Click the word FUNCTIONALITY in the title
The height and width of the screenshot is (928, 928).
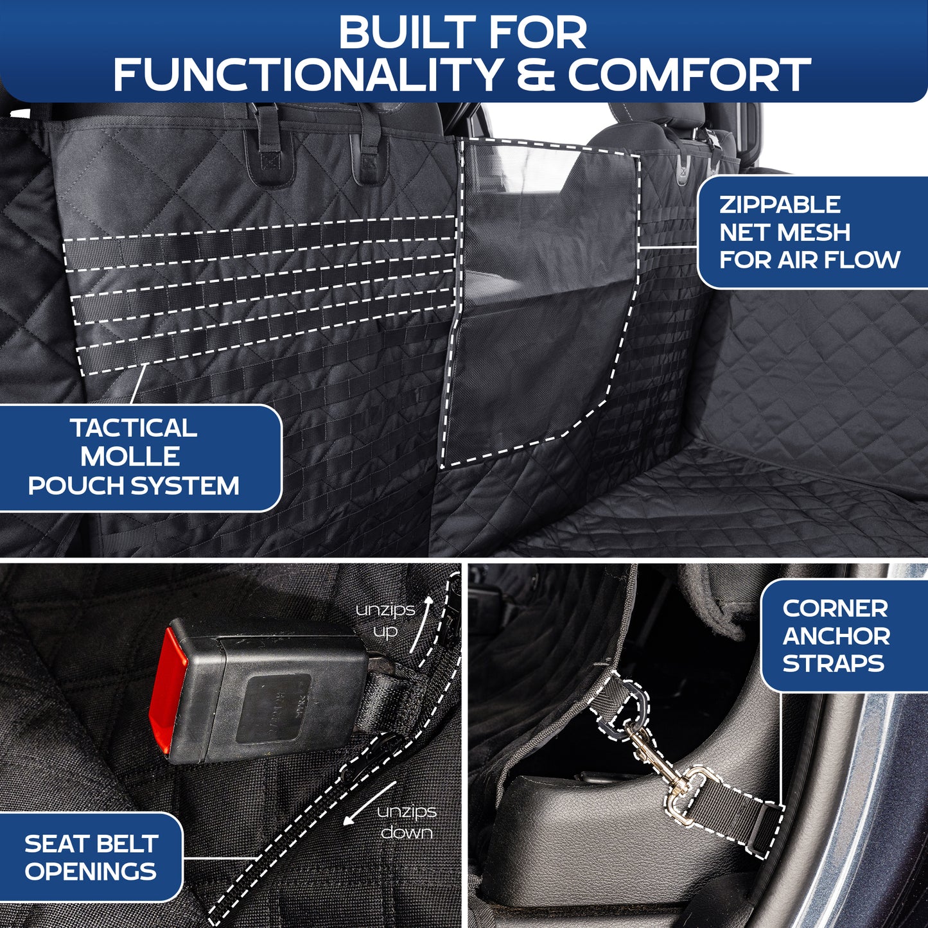click(307, 74)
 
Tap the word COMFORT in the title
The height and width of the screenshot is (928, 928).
click(688, 74)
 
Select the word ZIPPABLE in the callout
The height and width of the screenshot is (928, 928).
click(779, 205)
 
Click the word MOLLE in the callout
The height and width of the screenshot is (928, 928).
click(130, 457)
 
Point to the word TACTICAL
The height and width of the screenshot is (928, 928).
click(134, 428)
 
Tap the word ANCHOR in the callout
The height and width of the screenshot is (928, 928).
click(836, 636)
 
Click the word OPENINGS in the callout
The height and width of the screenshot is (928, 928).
click(91, 871)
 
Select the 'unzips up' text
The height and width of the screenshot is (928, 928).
click(386, 620)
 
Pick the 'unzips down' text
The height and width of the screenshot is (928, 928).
click(407, 822)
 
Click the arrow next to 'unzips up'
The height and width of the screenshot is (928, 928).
click(421, 624)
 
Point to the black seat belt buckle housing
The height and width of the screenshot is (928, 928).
click(263, 690)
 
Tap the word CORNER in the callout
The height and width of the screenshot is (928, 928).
click(835, 608)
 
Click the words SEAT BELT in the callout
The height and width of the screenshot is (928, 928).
click(91, 844)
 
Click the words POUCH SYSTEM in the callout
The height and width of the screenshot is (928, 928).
click(134, 486)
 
